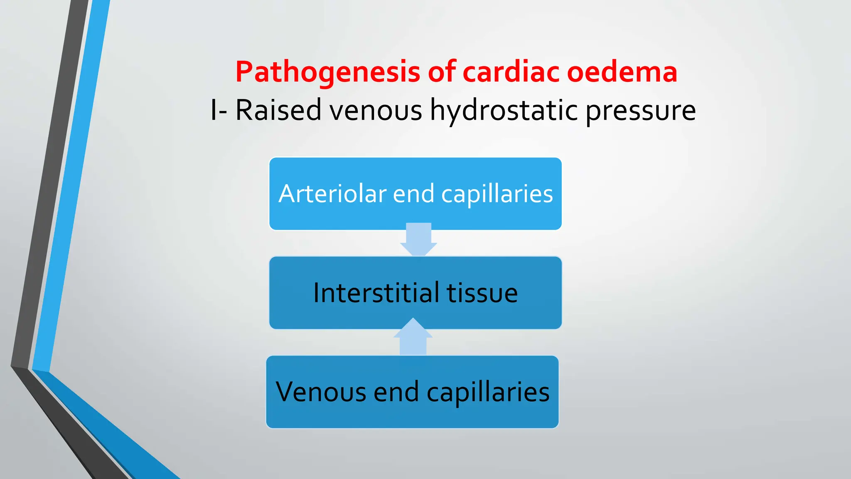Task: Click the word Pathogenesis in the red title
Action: click(x=328, y=72)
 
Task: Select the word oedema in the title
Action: click(x=622, y=72)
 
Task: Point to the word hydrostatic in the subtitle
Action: click(x=504, y=110)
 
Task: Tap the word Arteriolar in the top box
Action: click(x=332, y=194)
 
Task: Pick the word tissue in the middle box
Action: click(x=482, y=293)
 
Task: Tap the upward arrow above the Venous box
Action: click(x=413, y=337)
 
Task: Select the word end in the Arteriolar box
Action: click(x=413, y=194)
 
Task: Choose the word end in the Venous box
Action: click(x=396, y=392)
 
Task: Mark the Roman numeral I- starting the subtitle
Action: click(x=219, y=110)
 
